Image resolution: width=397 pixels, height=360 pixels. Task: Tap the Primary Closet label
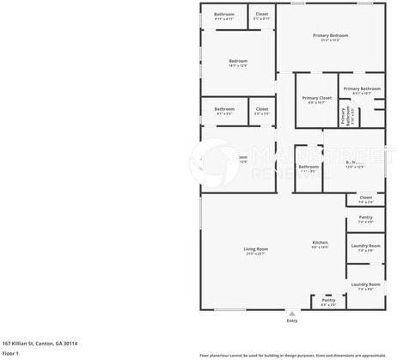point(316,98)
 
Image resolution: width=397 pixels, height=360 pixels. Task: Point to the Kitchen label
point(319,243)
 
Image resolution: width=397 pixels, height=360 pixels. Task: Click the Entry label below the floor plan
point(291,320)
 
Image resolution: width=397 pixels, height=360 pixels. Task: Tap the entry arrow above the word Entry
point(291,313)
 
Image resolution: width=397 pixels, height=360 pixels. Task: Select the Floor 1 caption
point(10,352)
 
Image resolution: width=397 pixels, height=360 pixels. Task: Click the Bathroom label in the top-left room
point(223,14)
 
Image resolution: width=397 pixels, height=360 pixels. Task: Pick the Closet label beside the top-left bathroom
point(261,14)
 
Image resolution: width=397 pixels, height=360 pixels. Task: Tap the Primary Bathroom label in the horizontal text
point(362,88)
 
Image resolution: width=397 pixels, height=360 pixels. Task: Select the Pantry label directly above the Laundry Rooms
point(365,217)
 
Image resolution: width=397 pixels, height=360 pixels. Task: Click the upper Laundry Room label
point(365,247)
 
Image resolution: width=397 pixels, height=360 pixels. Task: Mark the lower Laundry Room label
point(365,284)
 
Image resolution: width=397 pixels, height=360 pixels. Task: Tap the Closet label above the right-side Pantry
point(365,198)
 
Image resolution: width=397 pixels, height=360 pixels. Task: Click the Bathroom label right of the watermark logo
point(307,167)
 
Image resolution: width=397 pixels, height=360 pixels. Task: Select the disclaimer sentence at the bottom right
point(292,354)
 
